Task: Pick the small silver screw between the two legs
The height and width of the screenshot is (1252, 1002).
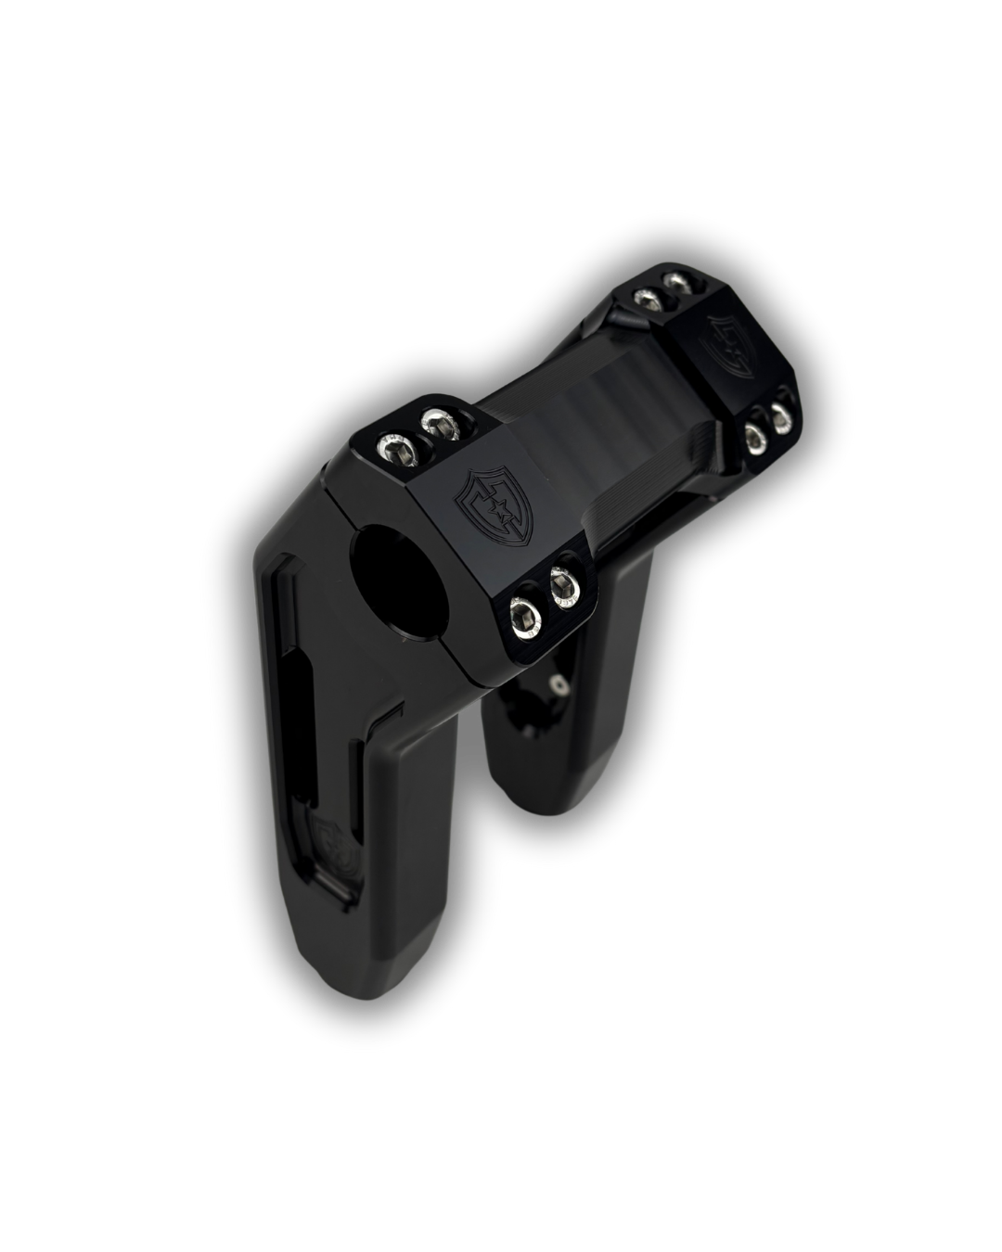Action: coord(558,684)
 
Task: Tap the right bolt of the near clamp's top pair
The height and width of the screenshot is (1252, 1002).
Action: coord(440,426)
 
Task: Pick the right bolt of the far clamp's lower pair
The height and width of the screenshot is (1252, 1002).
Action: coord(783,409)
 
